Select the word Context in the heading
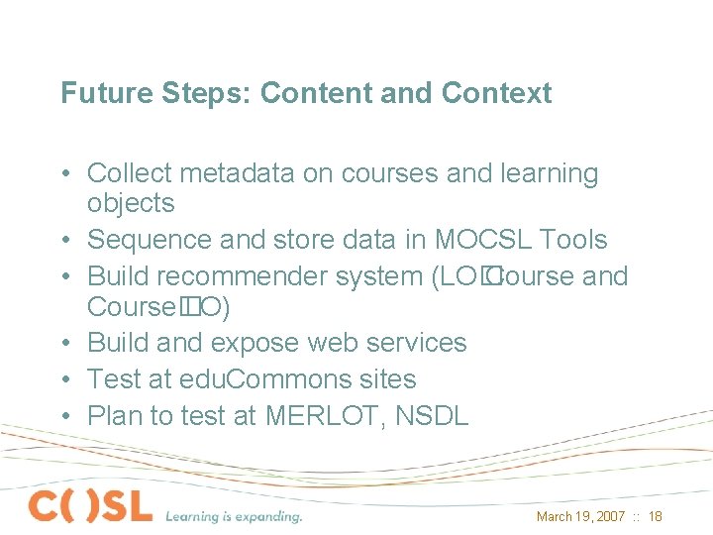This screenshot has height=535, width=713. coord(496,93)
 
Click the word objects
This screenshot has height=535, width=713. coord(131,204)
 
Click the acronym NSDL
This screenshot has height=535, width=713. coord(432,416)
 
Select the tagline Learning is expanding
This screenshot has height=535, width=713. coord(234,515)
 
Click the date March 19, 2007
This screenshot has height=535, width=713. coord(580,516)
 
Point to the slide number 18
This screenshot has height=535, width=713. coord(656,516)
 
